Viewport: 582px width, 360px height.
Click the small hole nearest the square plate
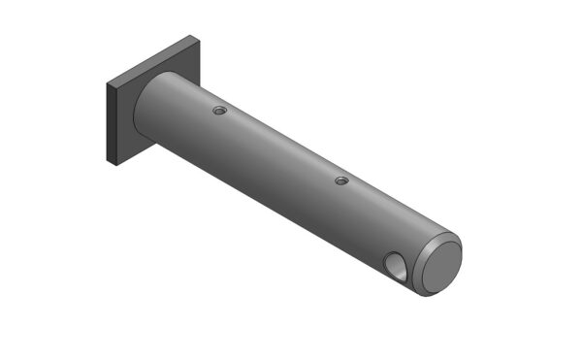coord(219,112)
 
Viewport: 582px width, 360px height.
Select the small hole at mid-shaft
coord(340,180)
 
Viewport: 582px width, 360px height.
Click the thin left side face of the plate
coord(113,125)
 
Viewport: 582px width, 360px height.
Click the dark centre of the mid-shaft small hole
coord(340,180)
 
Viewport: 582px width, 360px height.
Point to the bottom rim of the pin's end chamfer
coord(427,294)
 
